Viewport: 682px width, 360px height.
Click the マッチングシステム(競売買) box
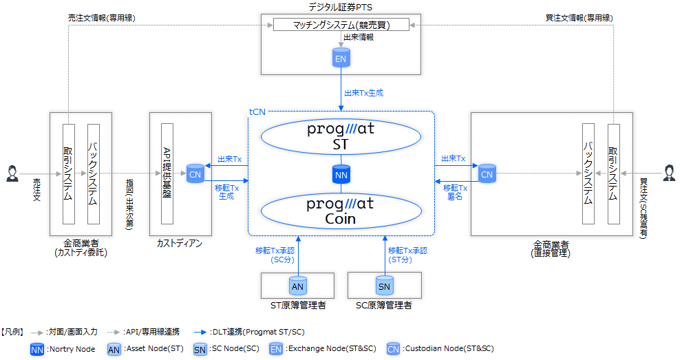click(x=340, y=25)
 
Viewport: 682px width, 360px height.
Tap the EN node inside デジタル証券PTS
click(x=341, y=59)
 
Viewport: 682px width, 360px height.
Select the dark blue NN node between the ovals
click(x=341, y=174)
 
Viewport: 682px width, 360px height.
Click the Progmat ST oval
click(x=341, y=136)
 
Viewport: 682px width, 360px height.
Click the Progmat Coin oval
click(x=341, y=211)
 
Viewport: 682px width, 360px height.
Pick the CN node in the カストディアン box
click(x=195, y=174)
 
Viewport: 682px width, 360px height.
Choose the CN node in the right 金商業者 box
click(x=487, y=174)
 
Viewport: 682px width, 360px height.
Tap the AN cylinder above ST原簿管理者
click(x=297, y=285)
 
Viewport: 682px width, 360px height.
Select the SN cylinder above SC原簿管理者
click(x=385, y=285)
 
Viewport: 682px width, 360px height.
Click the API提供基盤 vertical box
click(x=167, y=173)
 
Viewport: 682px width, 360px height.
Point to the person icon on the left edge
click(x=12, y=173)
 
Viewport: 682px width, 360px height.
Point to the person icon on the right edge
click(x=669, y=173)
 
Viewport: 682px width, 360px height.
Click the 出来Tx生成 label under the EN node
click(x=363, y=92)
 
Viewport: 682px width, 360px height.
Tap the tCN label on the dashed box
click(x=257, y=111)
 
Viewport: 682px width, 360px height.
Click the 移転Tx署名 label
click(x=456, y=191)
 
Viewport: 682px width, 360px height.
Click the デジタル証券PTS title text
click(x=341, y=7)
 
